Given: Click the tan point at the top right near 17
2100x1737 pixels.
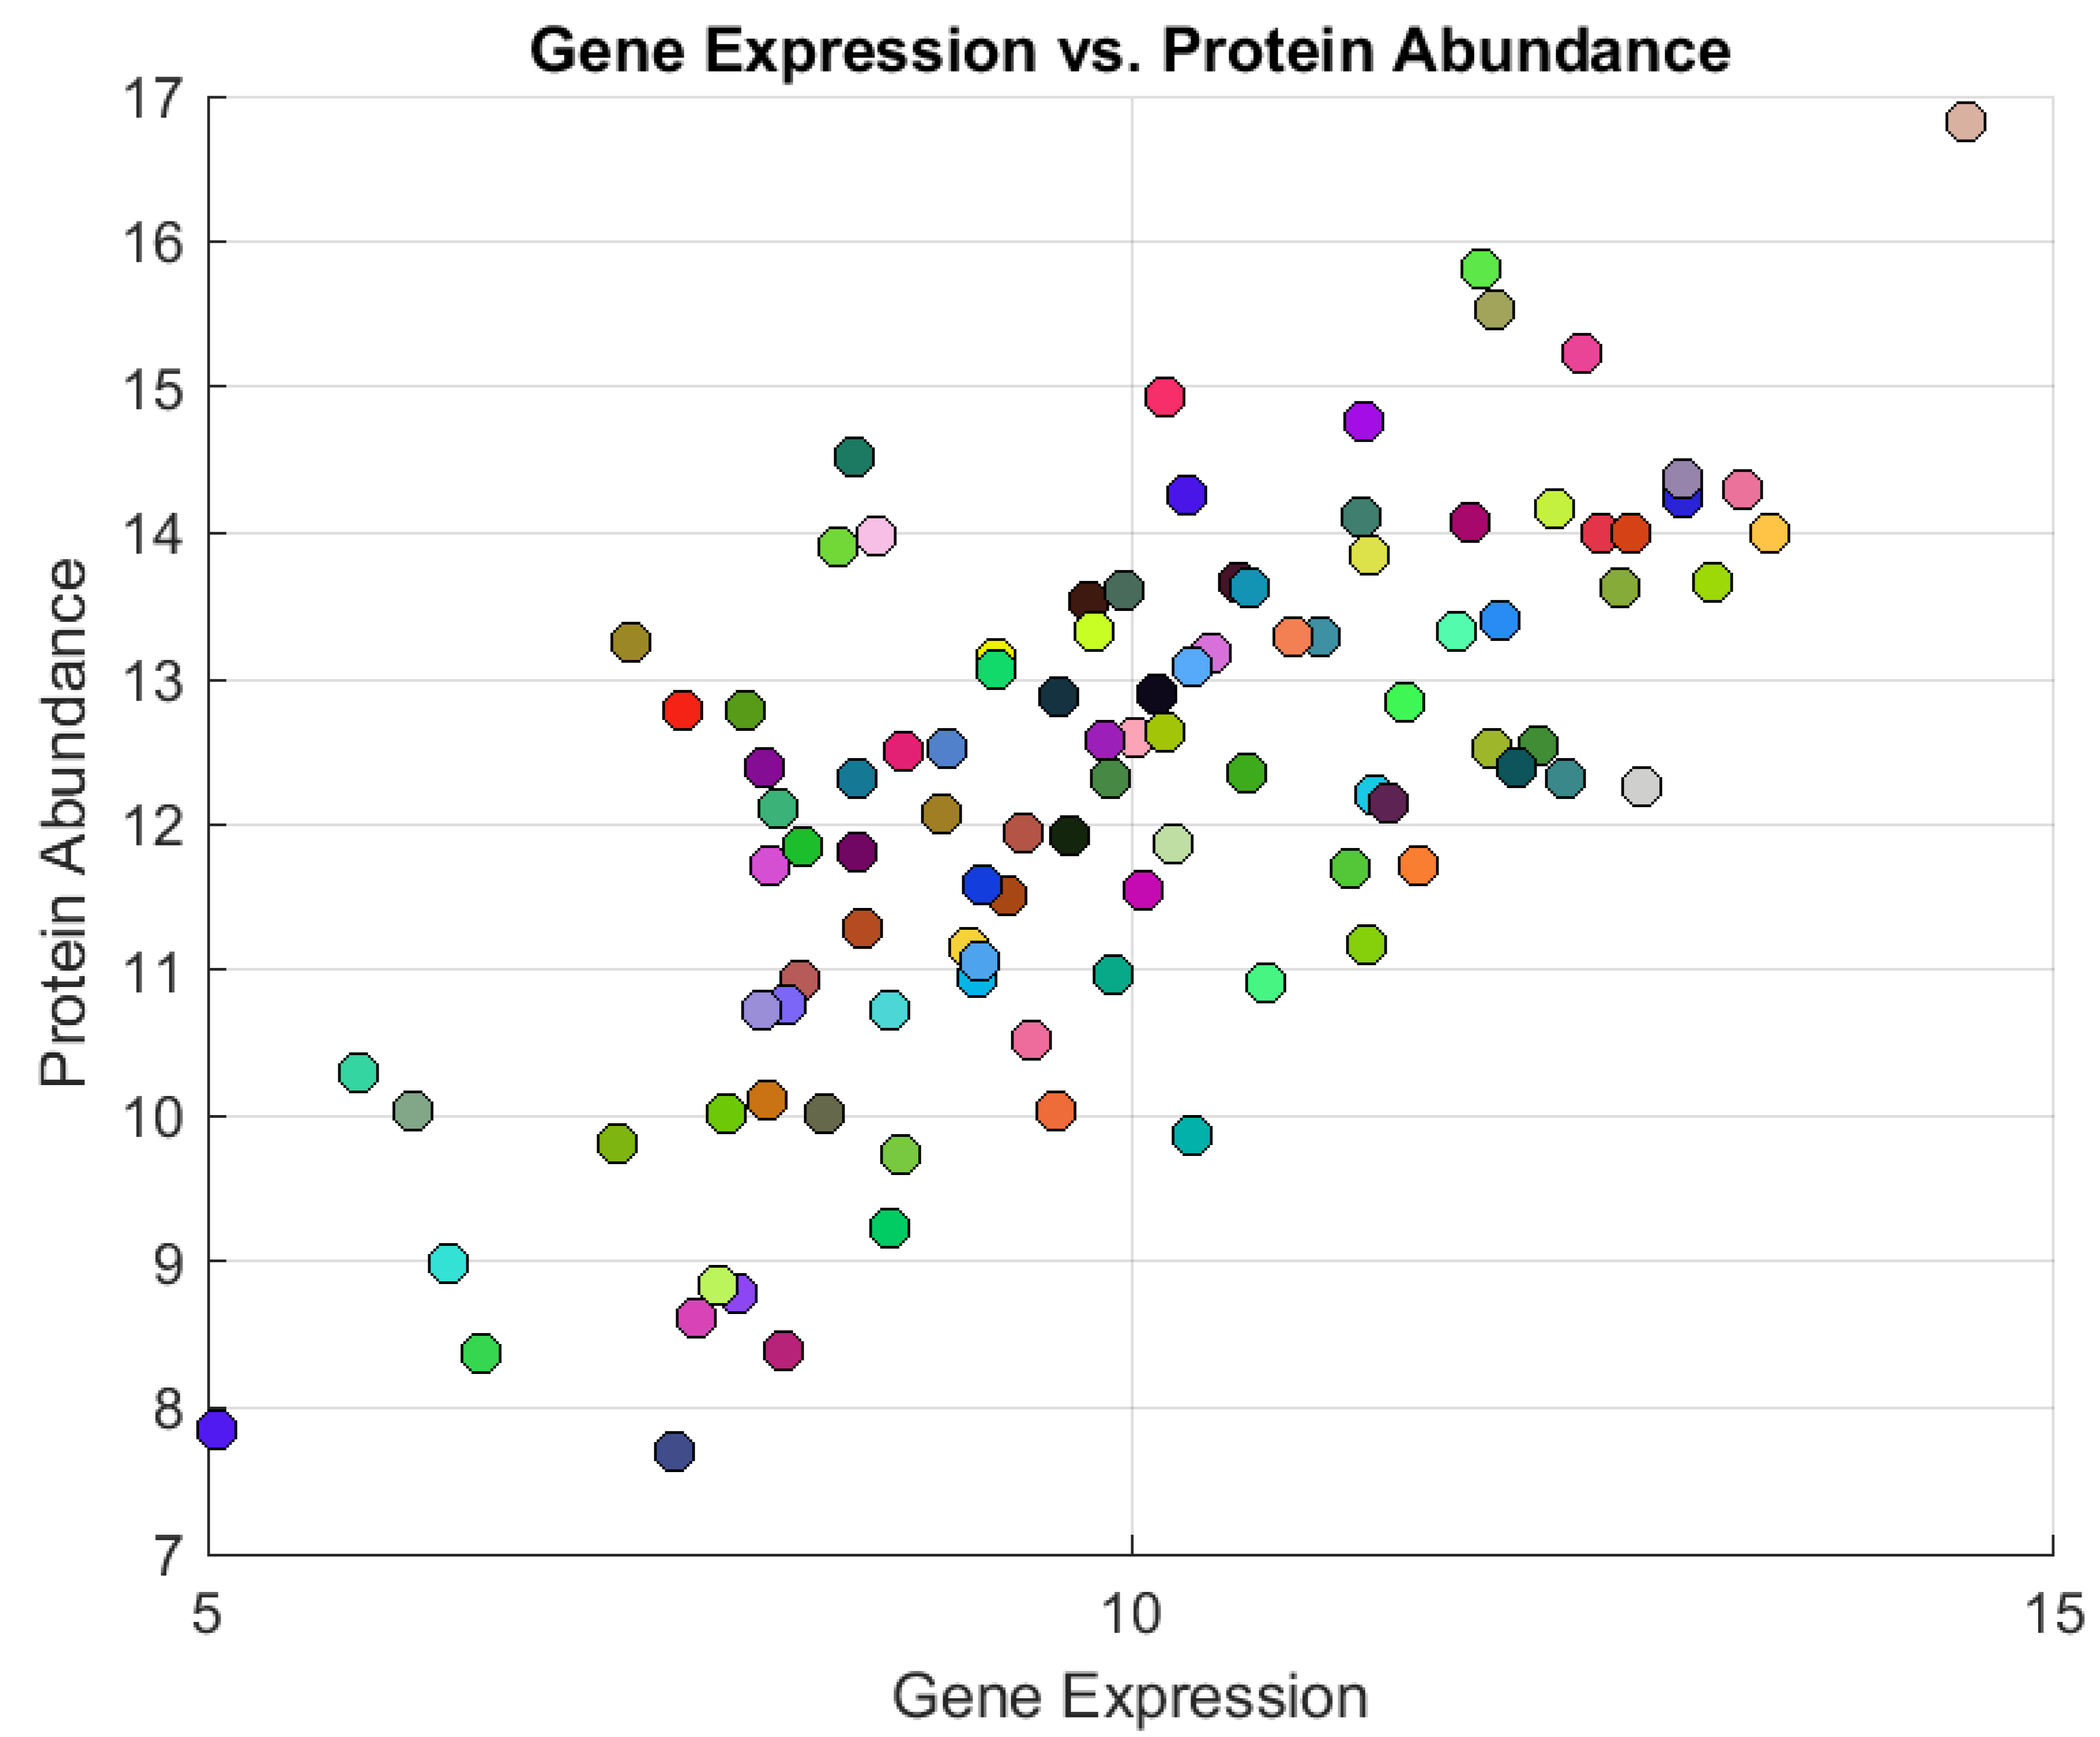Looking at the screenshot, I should [x=1965, y=122].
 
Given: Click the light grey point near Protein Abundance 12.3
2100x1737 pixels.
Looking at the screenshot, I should [x=1641, y=786].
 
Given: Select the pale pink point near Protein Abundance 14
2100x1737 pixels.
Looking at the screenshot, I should [x=876, y=536].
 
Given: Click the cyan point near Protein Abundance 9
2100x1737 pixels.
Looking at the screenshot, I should [x=448, y=1263].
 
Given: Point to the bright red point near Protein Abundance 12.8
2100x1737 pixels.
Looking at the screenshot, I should [x=682, y=710].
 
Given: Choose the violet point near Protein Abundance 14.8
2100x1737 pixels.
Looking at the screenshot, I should [x=1363, y=421].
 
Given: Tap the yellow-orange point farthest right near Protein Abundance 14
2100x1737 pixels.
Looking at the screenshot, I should [x=1769, y=533].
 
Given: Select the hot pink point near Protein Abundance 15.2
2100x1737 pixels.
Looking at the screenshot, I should [x=1581, y=353].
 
